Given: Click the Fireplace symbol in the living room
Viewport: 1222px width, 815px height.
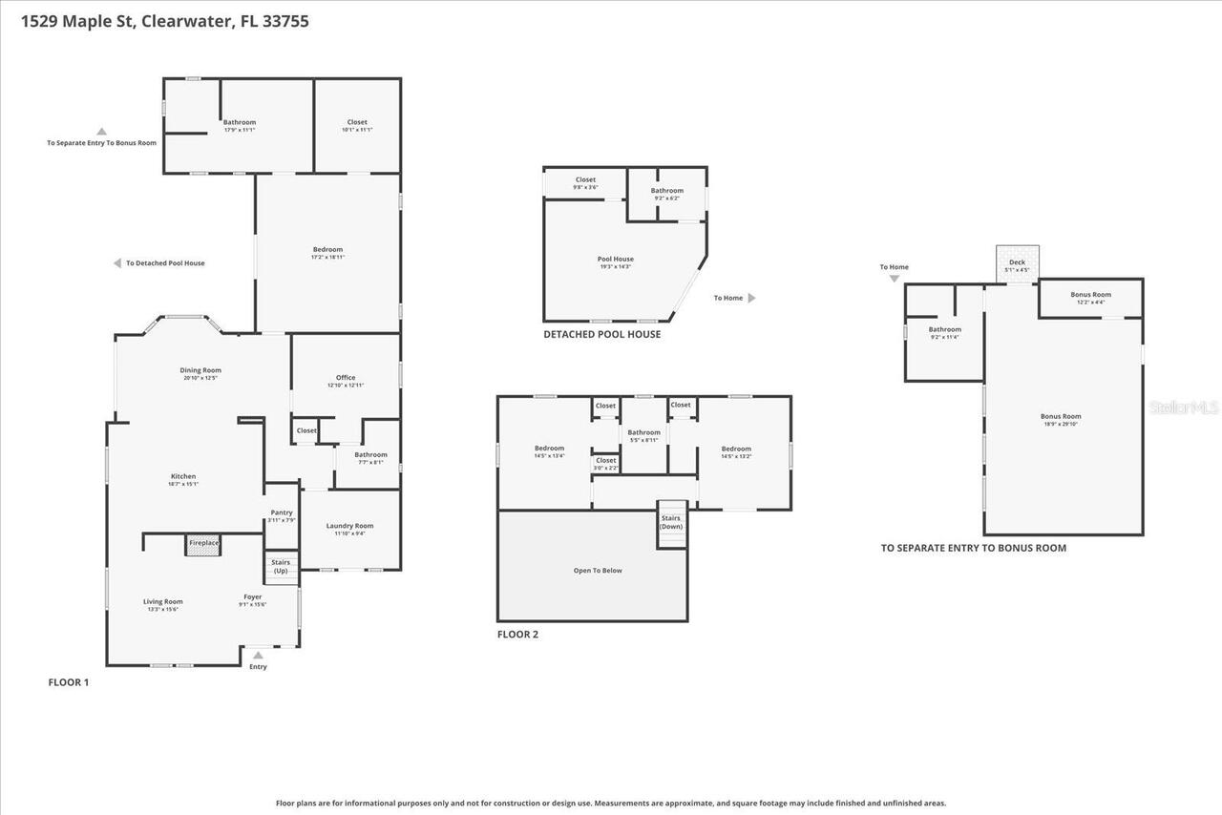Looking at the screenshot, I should [x=203, y=544].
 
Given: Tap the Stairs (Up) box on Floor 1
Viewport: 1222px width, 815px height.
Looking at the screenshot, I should [x=281, y=567].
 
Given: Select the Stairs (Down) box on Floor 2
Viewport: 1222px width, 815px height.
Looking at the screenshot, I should [x=671, y=523].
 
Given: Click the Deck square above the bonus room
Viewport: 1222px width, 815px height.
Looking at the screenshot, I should [x=1017, y=263].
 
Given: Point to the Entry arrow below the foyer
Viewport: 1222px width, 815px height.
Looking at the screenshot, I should [x=258, y=656].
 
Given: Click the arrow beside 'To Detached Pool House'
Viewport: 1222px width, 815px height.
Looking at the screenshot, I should [x=117, y=263].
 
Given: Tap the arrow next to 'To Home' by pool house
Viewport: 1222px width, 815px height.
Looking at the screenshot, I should [x=751, y=298].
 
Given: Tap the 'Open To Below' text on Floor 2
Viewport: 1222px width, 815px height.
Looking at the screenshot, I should [x=598, y=571].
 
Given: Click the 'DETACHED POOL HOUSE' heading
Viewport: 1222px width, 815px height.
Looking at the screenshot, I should [x=601, y=334].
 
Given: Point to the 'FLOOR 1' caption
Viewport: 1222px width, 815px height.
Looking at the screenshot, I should [x=69, y=682].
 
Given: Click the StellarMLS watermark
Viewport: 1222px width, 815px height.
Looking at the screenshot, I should [x=1185, y=407].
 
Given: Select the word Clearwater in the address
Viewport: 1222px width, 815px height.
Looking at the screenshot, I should [x=186, y=21].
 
